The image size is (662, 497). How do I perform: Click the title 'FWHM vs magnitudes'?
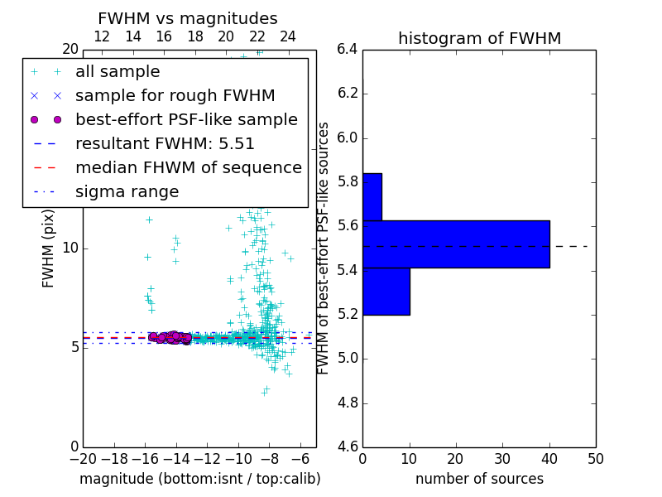pos(188,18)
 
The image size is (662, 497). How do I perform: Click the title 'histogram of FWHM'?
pos(479,38)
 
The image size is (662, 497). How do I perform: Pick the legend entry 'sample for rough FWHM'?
pos(175,95)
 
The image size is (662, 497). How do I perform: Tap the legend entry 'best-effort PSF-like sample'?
pos(186,119)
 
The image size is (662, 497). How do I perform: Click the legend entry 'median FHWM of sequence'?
pos(188,167)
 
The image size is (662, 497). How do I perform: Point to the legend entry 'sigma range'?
pos(127,191)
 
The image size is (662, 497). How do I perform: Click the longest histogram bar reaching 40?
pos(456,244)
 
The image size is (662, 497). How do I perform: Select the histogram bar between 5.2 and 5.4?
pos(386,292)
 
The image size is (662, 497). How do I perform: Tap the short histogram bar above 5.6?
pos(372,197)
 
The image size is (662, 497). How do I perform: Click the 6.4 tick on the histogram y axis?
pos(348,49)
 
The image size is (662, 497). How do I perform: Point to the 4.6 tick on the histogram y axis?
pos(348,446)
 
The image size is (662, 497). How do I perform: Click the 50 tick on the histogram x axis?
pos(595,458)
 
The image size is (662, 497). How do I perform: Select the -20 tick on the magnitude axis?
pos(83,458)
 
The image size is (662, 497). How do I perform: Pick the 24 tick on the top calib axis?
pos(288,36)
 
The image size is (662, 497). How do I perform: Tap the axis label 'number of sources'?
pos(479,479)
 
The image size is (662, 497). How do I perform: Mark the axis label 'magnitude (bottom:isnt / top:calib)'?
pos(199,479)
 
